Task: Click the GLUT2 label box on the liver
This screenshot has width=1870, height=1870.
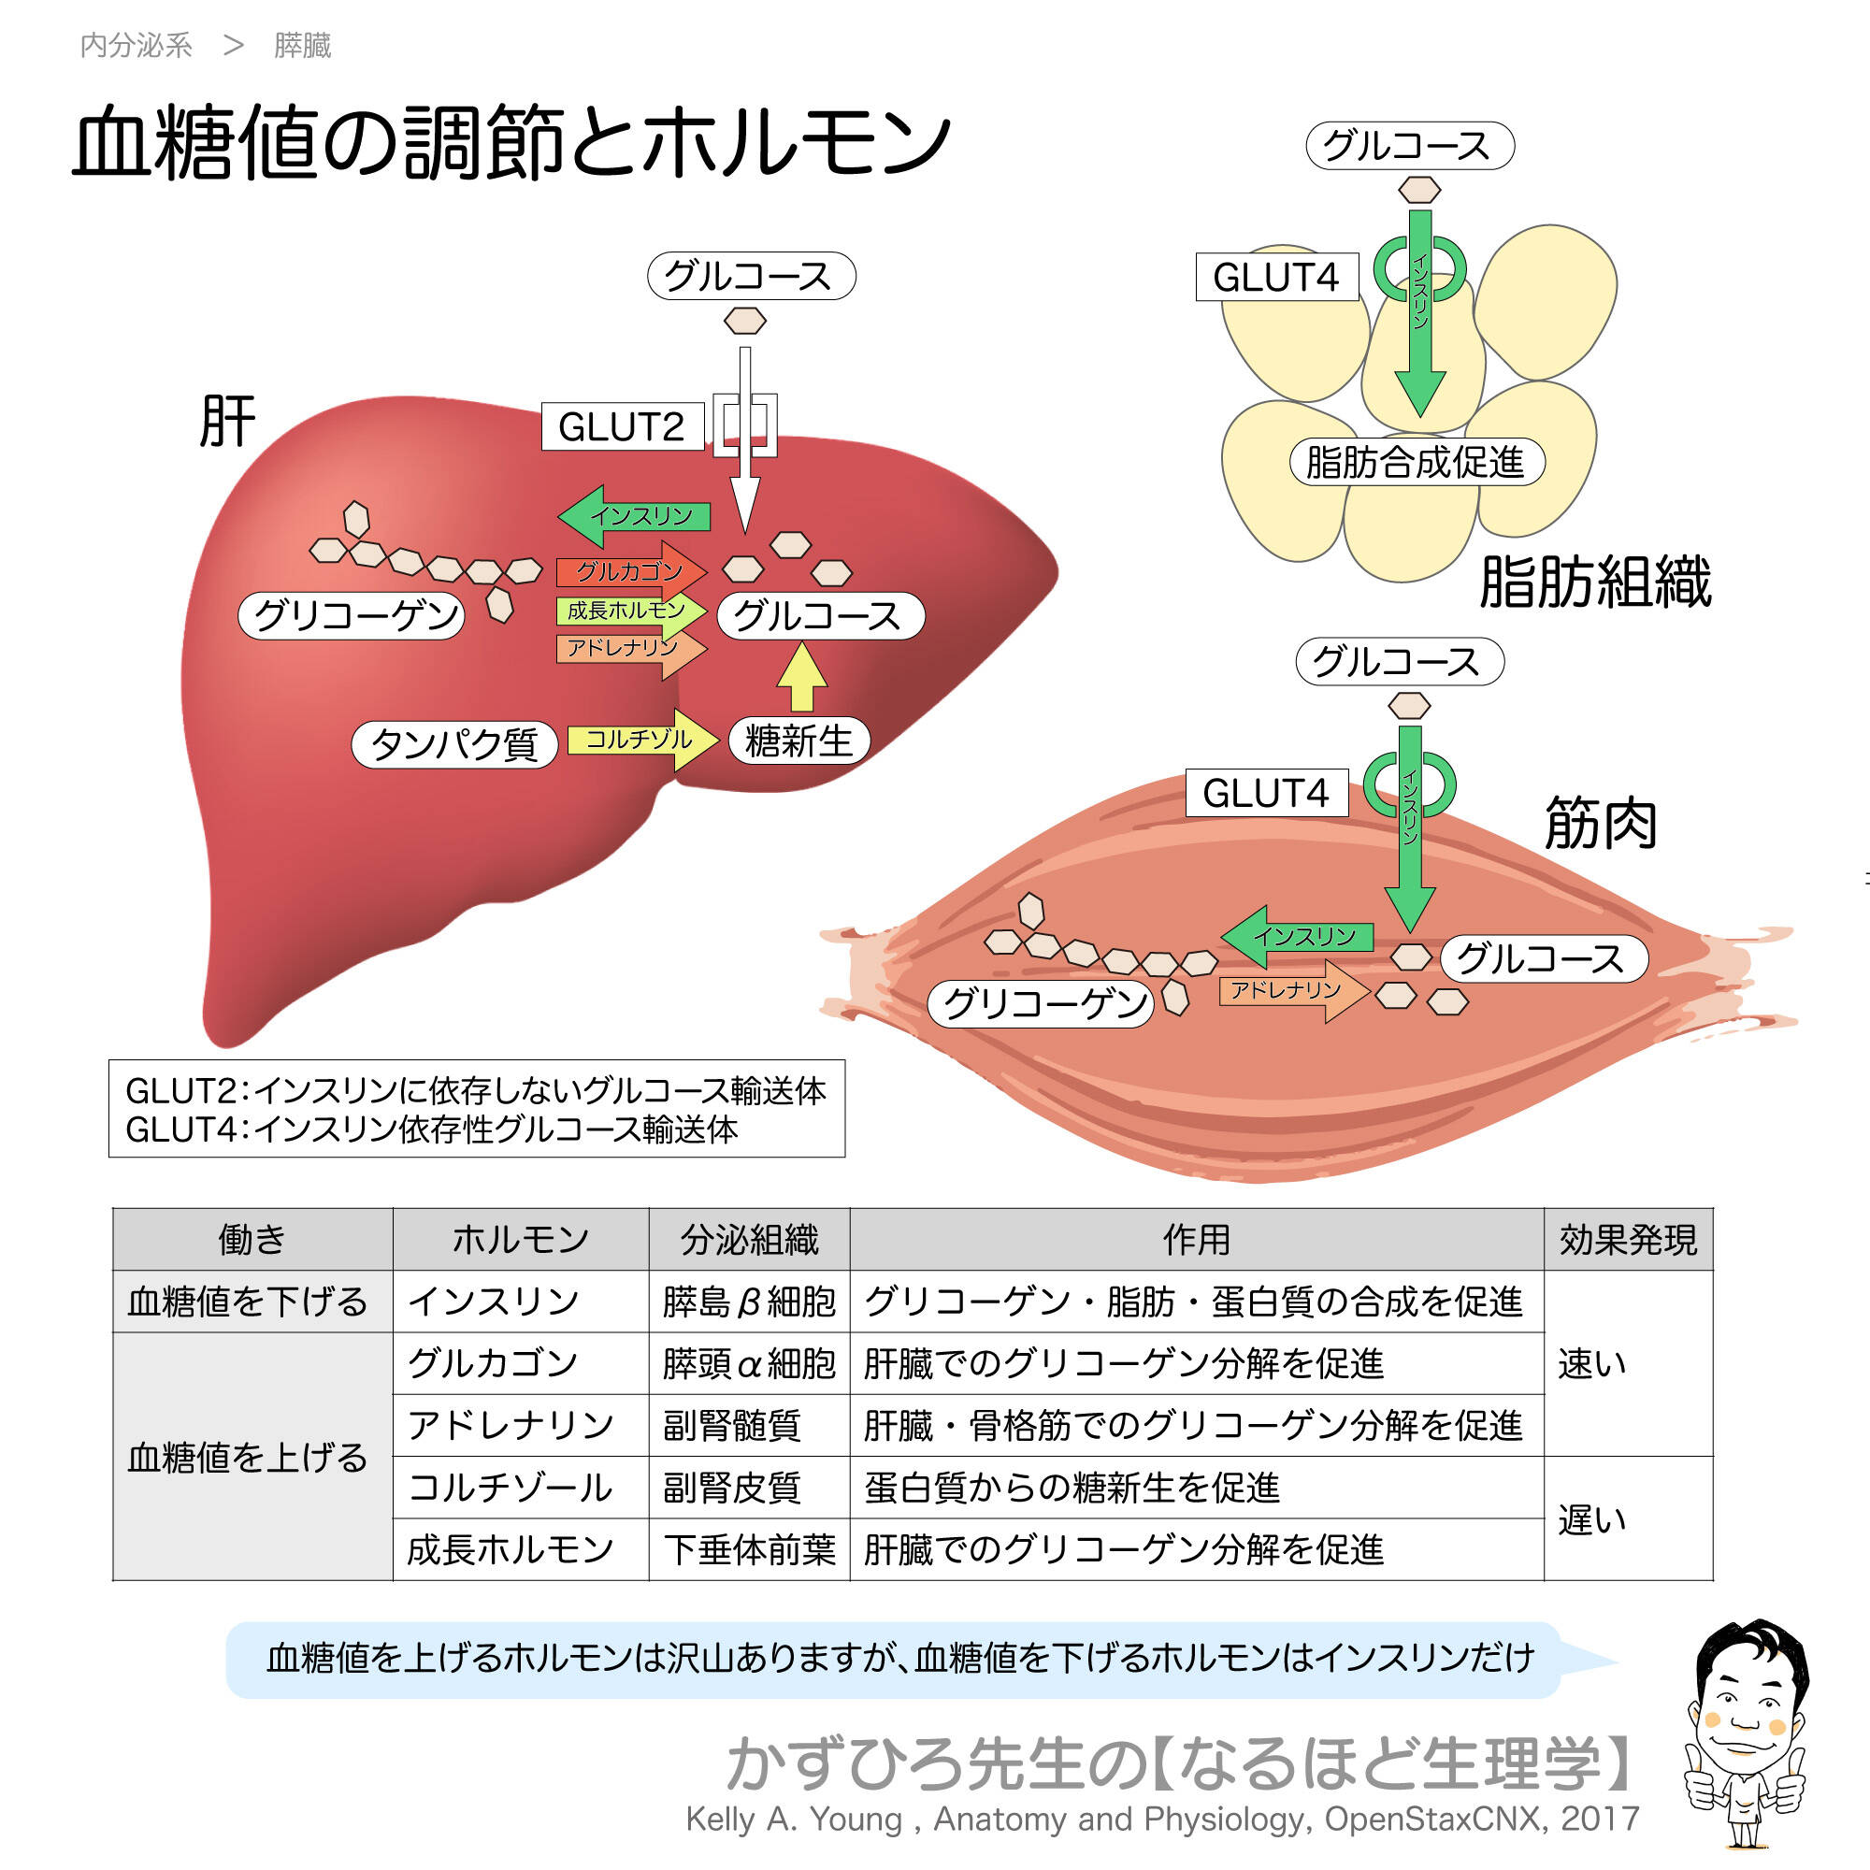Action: (x=622, y=425)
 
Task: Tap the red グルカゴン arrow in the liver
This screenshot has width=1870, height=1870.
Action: (x=629, y=571)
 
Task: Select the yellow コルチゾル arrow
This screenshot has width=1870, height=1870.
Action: (x=640, y=740)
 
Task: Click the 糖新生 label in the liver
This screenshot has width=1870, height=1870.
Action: (x=798, y=741)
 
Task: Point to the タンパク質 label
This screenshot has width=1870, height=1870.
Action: (x=454, y=744)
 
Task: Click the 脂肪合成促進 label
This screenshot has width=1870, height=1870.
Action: (x=1416, y=462)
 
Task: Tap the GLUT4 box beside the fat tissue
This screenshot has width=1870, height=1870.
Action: (x=1275, y=277)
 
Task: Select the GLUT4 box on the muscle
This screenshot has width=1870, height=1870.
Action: (x=1266, y=793)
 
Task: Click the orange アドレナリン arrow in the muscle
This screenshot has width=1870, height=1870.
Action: (x=1292, y=990)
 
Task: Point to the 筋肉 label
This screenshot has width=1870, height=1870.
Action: (x=1601, y=824)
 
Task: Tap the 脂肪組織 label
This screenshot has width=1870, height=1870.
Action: (x=1595, y=582)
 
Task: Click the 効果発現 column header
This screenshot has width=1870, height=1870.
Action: (x=1627, y=1240)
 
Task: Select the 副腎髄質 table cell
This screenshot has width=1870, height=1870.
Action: (x=733, y=1426)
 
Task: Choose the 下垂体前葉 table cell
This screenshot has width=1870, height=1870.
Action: (x=748, y=1549)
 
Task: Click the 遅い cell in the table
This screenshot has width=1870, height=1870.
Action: (x=1592, y=1519)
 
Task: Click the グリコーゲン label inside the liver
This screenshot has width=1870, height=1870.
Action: (x=352, y=615)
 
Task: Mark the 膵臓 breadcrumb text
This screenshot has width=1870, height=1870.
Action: (x=302, y=46)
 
